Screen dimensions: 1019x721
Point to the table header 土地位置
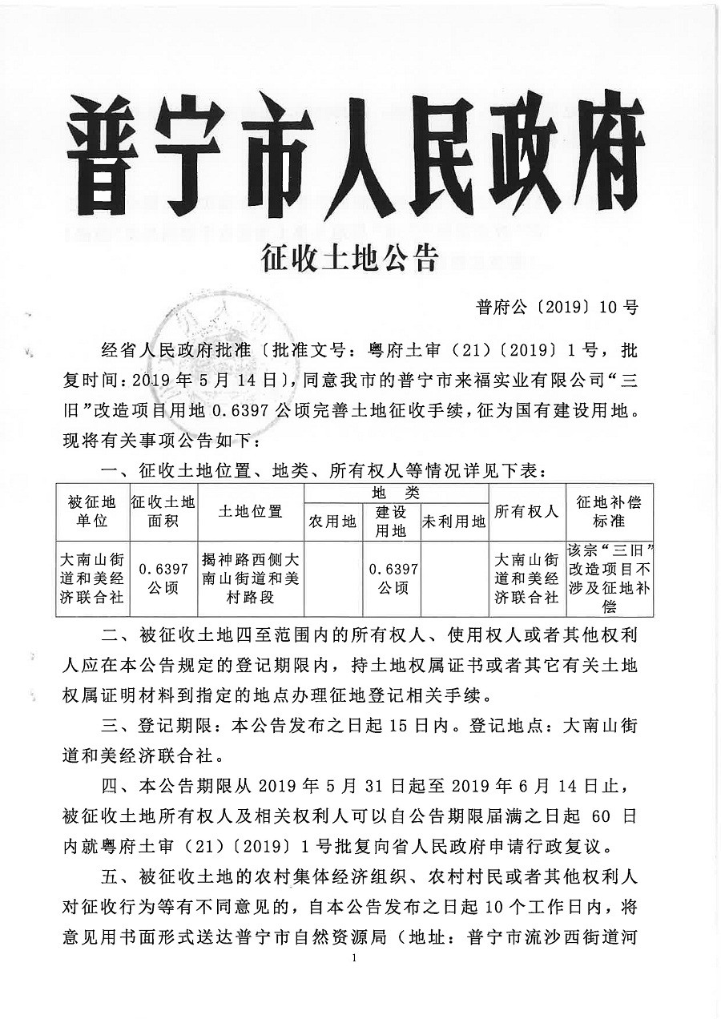pos(250,511)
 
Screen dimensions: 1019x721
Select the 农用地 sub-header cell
pos(332,522)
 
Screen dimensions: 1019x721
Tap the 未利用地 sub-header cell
pos(454,522)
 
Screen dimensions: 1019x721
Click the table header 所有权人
pos(526,511)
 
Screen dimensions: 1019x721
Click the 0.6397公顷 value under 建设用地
pos(392,578)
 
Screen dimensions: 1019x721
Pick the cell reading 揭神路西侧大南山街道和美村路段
pos(250,578)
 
